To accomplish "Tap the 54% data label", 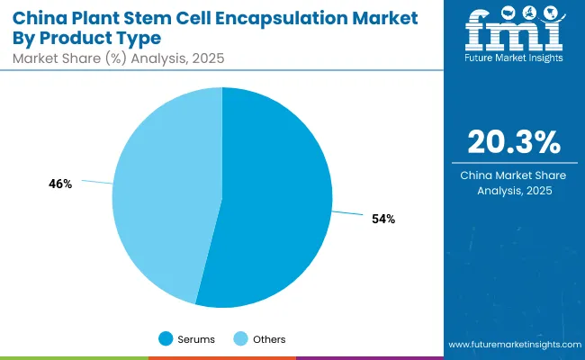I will pos(382,220).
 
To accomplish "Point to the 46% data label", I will pos(60,184).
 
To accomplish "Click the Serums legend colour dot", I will pos(166,339).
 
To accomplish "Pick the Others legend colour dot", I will pos(241,339).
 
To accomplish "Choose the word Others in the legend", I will pos(269,339).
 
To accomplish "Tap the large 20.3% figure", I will pos(515,142).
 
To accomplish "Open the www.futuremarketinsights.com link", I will pos(513,346).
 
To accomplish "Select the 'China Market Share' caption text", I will pos(515,175).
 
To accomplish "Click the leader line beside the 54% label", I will pos(348,215).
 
